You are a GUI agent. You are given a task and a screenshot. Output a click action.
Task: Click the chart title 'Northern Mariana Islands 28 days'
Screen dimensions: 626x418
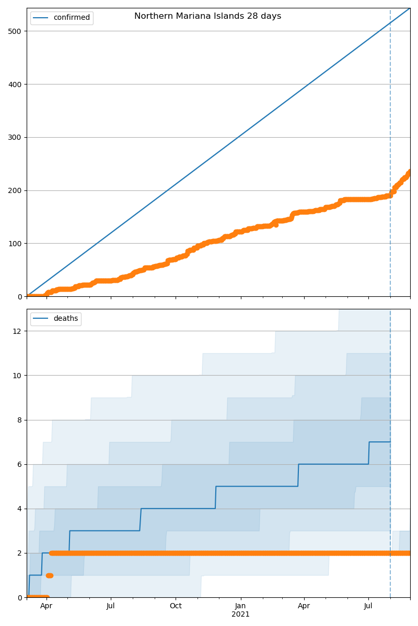coord(207,16)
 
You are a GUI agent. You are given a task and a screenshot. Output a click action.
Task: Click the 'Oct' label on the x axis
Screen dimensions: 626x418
coord(176,606)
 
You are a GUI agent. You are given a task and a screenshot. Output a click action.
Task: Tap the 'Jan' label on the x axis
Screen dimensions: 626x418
coord(240,606)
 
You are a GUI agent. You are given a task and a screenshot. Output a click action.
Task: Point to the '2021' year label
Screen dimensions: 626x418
coord(240,615)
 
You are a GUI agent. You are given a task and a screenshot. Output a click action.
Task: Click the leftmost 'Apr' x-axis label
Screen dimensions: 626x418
coord(47,606)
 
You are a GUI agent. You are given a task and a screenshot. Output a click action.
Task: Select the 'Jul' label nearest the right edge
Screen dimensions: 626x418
coord(368,606)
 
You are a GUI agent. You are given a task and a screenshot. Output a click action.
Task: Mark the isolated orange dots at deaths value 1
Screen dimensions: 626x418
coord(50,575)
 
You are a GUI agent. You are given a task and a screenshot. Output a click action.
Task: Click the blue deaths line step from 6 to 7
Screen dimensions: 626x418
coord(369,453)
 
